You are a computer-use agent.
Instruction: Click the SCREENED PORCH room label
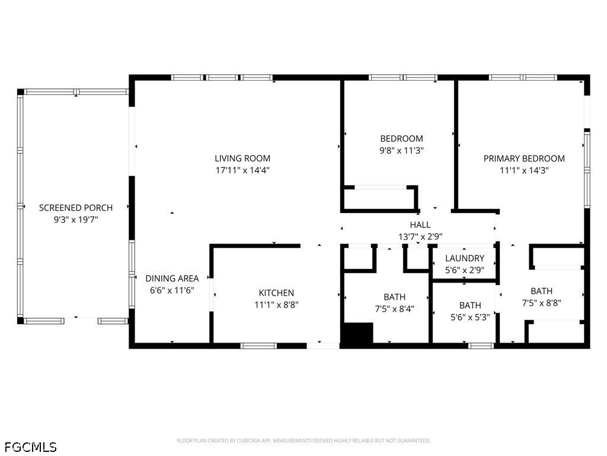pyautogui.click(x=75, y=208)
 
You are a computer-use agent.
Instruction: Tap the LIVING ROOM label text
pyautogui.click(x=242, y=159)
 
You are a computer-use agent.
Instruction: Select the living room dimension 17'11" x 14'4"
pyautogui.click(x=242, y=170)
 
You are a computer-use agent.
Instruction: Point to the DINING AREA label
pyautogui.click(x=172, y=278)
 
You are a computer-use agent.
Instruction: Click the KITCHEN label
pyautogui.click(x=276, y=293)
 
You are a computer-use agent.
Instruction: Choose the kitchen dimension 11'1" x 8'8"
pyautogui.click(x=276, y=305)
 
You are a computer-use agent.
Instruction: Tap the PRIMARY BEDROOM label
pyautogui.click(x=524, y=159)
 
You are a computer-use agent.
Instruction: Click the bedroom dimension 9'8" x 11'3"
pyautogui.click(x=401, y=151)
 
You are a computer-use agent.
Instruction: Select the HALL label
pyautogui.click(x=420, y=225)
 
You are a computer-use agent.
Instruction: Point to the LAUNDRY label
pyautogui.click(x=465, y=258)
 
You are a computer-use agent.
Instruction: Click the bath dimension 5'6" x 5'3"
pyautogui.click(x=470, y=317)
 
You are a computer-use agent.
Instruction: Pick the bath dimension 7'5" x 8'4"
pyautogui.click(x=395, y=309)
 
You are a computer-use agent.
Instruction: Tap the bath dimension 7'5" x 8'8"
pyautogui.click(x=541, y=303)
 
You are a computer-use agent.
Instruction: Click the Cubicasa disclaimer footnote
pyautogui.click(x=303, y=441)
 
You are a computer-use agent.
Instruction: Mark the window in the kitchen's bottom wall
pyautogui.click(x=258, y=346)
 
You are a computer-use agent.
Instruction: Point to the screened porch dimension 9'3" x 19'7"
pyautogui.click(x=75, y=220)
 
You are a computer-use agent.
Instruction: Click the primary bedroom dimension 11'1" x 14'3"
pyautogui.click(x=524, y=170)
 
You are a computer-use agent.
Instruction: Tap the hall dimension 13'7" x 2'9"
pyautogui.click(x=420, y=236)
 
